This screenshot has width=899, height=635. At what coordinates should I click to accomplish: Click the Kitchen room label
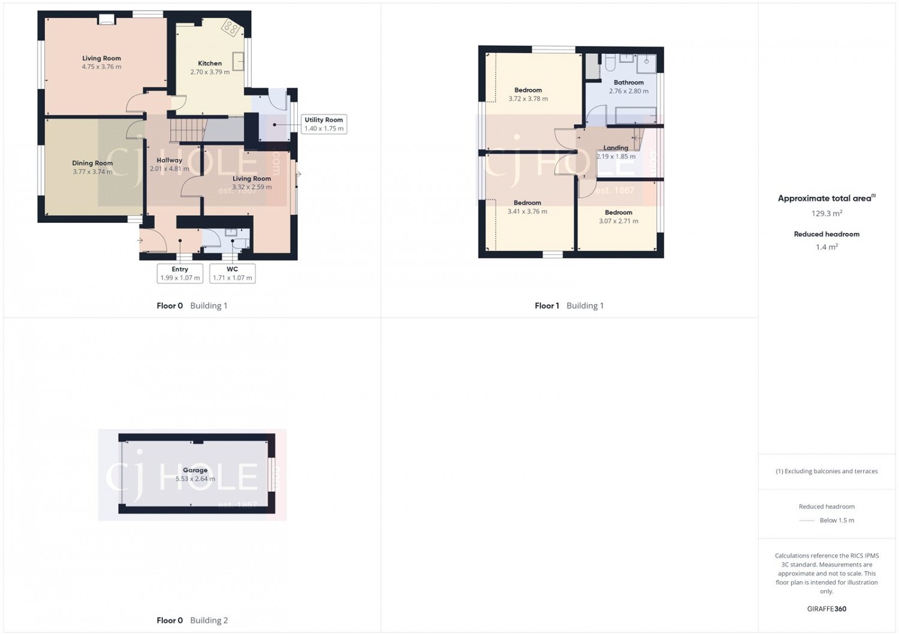tap(210, 63)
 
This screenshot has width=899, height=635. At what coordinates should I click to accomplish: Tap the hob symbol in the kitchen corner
tap(231, 28)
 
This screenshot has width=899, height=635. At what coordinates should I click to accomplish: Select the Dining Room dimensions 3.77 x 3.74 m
tap(92, 172)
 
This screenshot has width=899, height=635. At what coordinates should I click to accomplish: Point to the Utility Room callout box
tap(324, 124)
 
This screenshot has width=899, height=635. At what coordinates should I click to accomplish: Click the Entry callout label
tap(180, 269)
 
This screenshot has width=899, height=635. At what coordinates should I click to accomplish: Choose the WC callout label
tap(233, 269)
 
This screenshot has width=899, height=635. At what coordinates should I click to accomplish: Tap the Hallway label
tap(170, 160)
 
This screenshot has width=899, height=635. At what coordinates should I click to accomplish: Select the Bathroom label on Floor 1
tap(629, 82)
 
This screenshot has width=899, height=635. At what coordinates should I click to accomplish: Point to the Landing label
tap(616, 147)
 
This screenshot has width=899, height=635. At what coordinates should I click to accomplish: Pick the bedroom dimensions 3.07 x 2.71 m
tap(619, 221)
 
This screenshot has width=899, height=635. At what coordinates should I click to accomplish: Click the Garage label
tap(195, 470)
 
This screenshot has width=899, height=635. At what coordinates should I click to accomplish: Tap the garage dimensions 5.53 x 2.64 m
tap(195, 479)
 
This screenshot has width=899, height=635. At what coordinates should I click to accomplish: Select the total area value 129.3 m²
tap(826, 213)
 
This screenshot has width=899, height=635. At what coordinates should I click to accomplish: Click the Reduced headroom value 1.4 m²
tap(826, 247)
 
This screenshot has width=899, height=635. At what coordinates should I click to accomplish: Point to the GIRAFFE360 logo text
tap(826, 609)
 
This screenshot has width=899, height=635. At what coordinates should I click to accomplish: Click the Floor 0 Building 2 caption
tap(192, 620)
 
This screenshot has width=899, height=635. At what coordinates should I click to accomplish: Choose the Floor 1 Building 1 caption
tap(569, 306)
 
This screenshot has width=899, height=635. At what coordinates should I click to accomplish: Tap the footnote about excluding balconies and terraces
tap(826, 471)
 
